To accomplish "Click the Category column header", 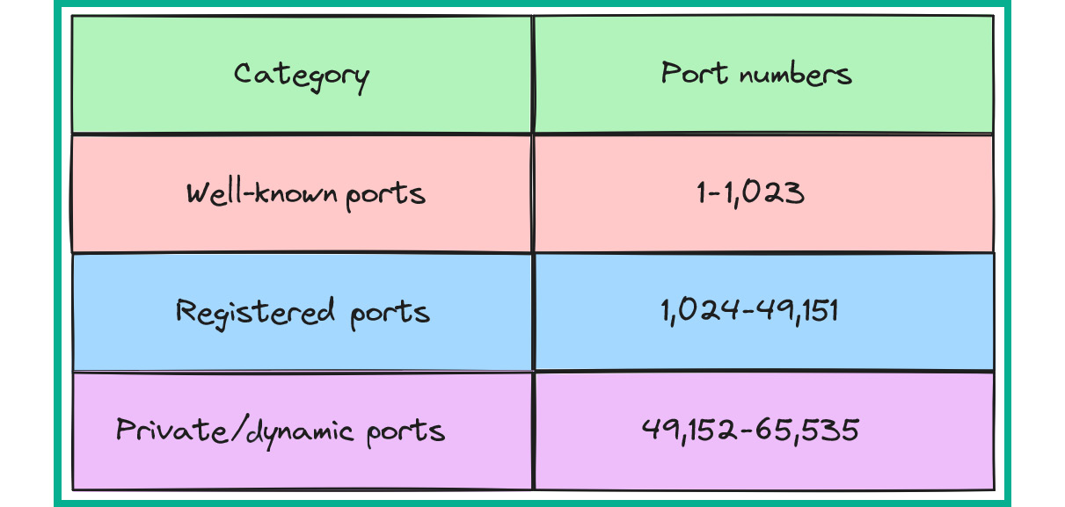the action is pyautogui.click(x=302, y=77).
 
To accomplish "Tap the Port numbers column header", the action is pyautogui.click(x=756, y=74).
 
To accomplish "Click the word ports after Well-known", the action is pyautogui.click(x=385, y=196).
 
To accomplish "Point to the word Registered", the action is pyautogui.click(x=255, y=313).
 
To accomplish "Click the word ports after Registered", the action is pyautogui.click(x=390, y=315).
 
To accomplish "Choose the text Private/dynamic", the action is pyautogui.click(x=235, y=432).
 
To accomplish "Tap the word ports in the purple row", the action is pyautogui.click(x=405, y=433).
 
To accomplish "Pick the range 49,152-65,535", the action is pyautogui.click(x=750, y=431).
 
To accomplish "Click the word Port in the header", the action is pyautogui.click(x=694, y=73).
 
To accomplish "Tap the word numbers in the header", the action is pyautogui.click(x=795, y=75).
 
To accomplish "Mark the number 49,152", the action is pyautogui.click(x=689, y=431).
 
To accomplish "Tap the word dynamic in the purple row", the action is pyautogui.click(x=301, y=434).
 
